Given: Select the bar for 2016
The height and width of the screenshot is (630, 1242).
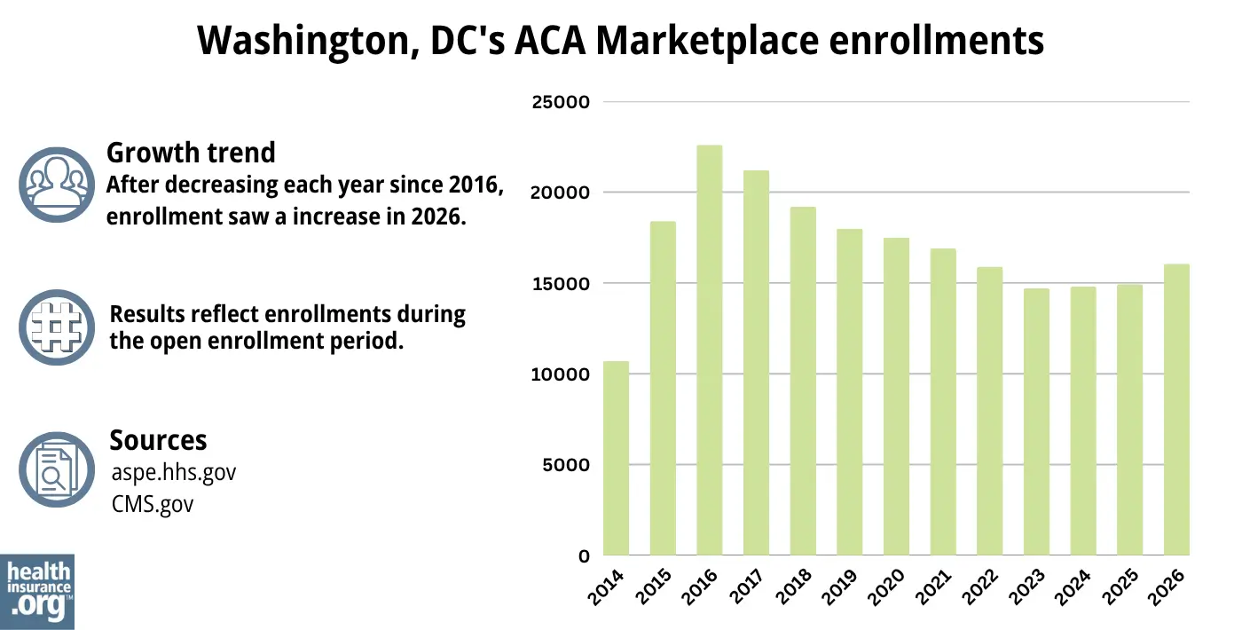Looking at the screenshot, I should click(x=709, y=350).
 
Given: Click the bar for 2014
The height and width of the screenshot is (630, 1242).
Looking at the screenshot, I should click(x=616, y=458).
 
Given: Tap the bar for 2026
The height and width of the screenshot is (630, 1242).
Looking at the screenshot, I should click(x=1175, y=410).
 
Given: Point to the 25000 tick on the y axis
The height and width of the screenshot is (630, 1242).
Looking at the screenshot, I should click(x=560, y=102).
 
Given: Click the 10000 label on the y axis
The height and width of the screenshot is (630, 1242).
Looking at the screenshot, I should click(x=560, y=374).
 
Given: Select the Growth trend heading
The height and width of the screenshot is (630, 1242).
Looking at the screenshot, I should click(x=191, y=153).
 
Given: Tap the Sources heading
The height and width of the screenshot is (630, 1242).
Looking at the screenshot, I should click(x=158, y=440).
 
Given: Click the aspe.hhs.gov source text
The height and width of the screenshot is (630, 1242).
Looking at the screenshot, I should click(x=173, y=472).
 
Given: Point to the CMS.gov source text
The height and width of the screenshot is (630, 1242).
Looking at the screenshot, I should click(x=152, y=504).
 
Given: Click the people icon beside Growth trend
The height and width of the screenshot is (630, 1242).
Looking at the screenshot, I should click(x=57, y=184).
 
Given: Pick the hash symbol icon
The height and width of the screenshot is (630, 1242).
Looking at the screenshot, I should click(x=57, y=327).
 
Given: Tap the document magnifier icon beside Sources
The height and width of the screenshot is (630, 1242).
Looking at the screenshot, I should click(x=57, y=470).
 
